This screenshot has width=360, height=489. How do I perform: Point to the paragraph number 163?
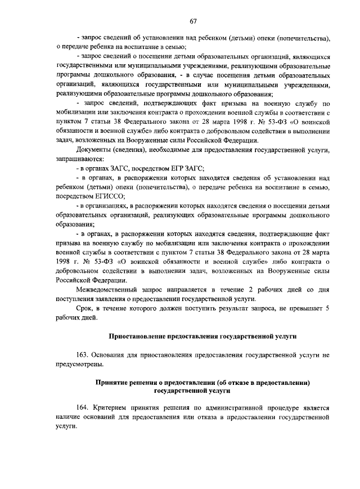pyautogui.click(x=83, y=356)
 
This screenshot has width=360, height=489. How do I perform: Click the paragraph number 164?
pyautogui.click(x=83, y=407)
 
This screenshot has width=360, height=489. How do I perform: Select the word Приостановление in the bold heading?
pyautogui.click(x=137, y=336)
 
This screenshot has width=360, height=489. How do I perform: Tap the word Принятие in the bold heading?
pyautogui.click(x=112, y=382)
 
